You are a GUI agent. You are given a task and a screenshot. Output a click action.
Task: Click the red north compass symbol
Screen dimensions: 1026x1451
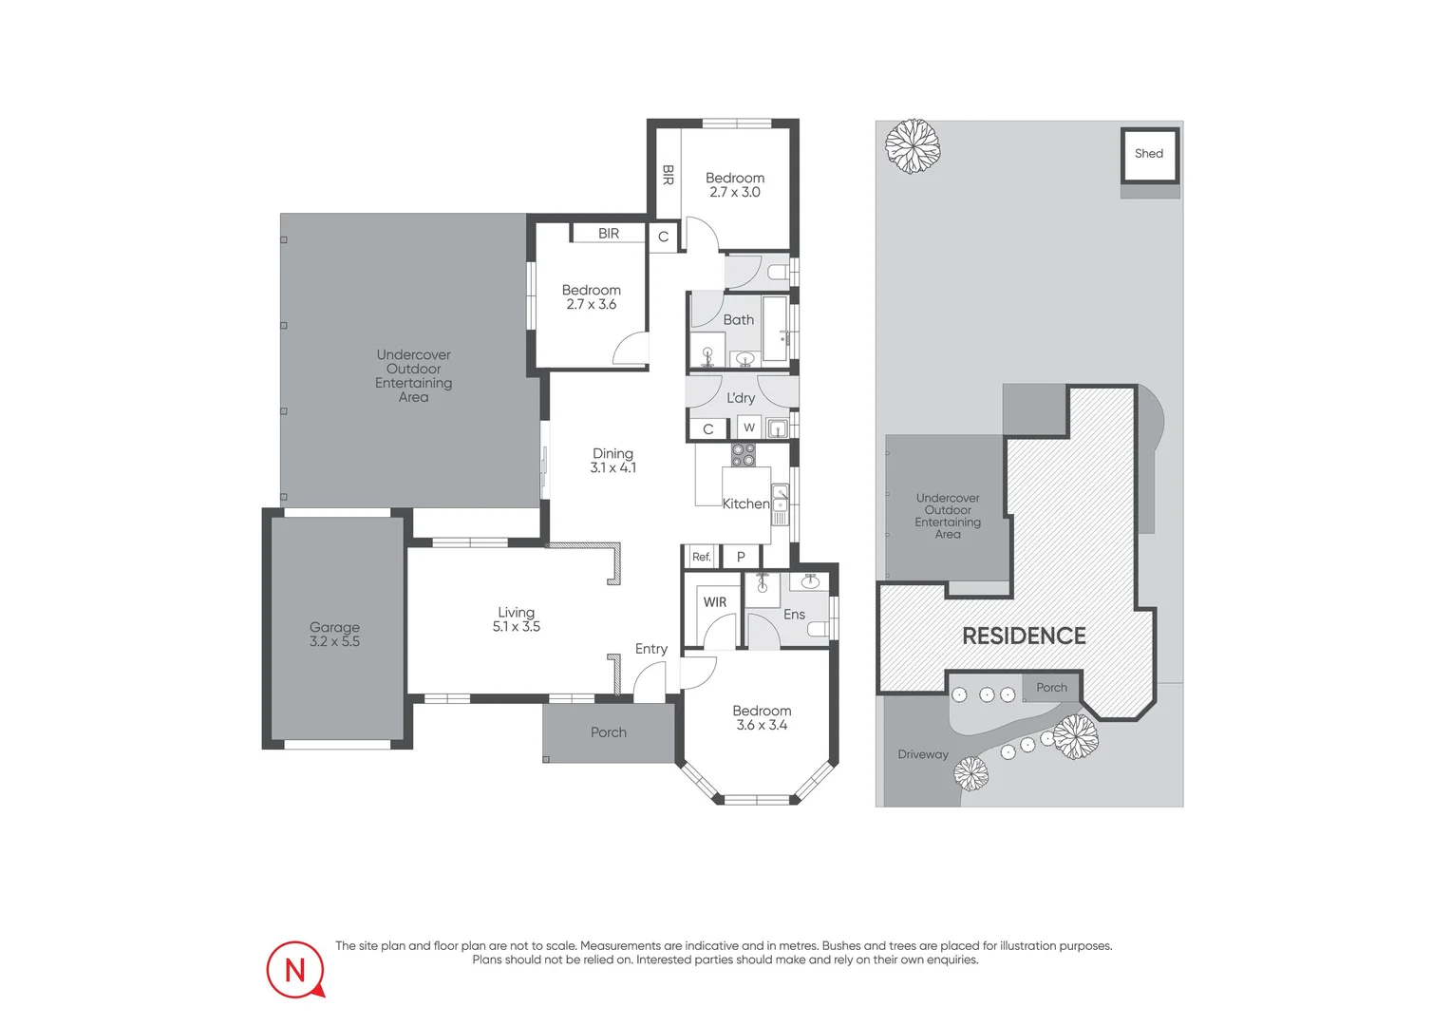295,970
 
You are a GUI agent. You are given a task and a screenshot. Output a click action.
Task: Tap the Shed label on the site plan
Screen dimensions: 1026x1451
1148,153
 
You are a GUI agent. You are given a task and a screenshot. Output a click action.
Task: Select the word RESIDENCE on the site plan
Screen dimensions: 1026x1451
1024,636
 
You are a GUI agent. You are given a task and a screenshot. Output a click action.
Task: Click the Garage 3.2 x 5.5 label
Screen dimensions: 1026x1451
334,635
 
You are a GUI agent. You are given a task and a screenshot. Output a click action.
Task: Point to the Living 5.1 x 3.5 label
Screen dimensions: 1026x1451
517,619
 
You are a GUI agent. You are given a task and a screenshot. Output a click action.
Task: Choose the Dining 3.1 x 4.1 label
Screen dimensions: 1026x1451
612,461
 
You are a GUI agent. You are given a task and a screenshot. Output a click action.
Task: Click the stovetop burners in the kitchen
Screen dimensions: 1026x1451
744,454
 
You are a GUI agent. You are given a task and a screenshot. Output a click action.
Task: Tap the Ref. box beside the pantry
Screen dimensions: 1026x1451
701,557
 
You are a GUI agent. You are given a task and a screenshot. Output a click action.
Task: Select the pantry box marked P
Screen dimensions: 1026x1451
742,557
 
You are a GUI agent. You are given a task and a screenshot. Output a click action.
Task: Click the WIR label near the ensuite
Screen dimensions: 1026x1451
715,602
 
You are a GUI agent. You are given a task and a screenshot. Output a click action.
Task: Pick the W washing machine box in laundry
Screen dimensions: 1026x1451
749,427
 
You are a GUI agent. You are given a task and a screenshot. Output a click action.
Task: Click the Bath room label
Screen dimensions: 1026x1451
738,320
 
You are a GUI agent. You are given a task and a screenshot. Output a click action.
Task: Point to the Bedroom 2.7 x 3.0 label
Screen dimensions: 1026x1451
735,184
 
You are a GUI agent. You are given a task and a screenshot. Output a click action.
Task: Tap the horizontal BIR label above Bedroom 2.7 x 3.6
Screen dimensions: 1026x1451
609,234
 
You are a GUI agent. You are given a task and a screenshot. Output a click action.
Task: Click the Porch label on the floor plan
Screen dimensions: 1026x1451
609,732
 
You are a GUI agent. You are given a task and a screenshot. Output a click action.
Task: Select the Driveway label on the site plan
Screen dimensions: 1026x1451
923,754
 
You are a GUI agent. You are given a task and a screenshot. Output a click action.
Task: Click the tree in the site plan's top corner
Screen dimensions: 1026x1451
913,145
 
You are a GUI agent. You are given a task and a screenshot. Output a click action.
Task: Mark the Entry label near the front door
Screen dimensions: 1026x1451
651,649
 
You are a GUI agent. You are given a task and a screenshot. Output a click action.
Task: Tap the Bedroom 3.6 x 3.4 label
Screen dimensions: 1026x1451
762,717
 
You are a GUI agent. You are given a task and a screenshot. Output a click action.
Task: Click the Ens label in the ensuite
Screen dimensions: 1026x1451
794,615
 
